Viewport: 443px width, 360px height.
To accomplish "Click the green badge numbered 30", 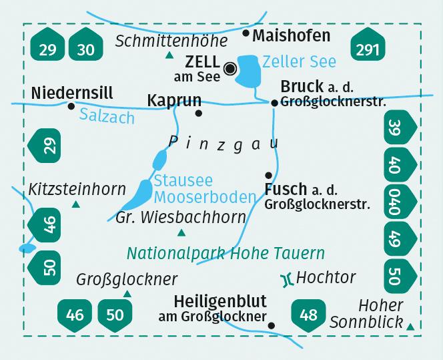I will pyautogui.click(x=85, y=49).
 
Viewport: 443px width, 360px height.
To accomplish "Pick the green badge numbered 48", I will pyautogui.click(x=309, y=314).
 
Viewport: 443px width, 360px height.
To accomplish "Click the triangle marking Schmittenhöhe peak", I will pyautogui.click(x=169, y=55).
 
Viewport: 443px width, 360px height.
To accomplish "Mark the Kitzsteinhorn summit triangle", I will pyautogui.click(x=75, y=204).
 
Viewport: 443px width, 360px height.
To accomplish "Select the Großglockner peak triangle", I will pyautogui.click(x=127, y=293).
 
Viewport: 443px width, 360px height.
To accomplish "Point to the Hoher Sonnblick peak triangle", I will pyautogui.click(x=410, y=326).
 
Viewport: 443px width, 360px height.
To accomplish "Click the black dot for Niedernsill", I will pyautogui.click(x=71, y=106).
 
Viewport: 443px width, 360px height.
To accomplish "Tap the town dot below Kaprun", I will pyautogui.click(x=198, y=113).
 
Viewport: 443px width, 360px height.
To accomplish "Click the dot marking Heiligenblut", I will pyautogui.click(x=271, y=325).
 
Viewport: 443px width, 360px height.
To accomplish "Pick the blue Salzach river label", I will pyautogui.click(x=107, y=116).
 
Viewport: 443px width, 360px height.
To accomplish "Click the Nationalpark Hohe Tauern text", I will pyautogui.click(x=226, y=254).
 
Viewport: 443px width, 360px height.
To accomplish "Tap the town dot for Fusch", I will pyautogui.click(x=269, y=175).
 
